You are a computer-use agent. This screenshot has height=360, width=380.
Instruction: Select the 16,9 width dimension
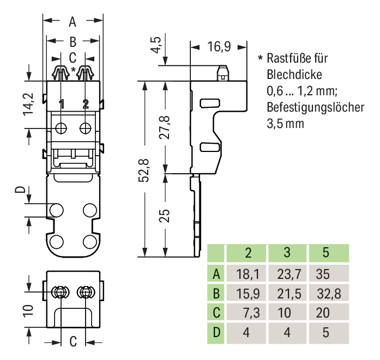click(219, 47)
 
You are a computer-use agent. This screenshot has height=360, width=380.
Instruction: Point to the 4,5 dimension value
click(157, 44)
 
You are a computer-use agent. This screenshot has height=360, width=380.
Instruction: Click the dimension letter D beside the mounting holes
click(20, 191)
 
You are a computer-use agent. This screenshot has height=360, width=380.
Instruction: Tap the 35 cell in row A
click(325, 273)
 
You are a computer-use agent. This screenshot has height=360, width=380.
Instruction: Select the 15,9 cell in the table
click(247, 294)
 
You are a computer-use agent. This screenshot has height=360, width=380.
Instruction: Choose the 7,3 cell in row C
click(247, 313)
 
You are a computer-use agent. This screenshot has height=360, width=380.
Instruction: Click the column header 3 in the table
click(287, 253)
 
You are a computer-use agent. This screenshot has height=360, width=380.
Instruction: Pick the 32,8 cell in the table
click(328, 294)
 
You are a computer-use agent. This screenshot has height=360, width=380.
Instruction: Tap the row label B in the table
click(216, 294)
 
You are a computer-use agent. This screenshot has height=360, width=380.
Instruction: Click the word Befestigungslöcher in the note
click(315, 107)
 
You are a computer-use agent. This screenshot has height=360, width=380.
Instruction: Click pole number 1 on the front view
click(62, 104)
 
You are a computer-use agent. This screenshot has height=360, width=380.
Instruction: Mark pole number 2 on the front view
click(86, 104)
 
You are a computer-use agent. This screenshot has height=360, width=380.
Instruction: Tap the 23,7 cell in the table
click(287, 273)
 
